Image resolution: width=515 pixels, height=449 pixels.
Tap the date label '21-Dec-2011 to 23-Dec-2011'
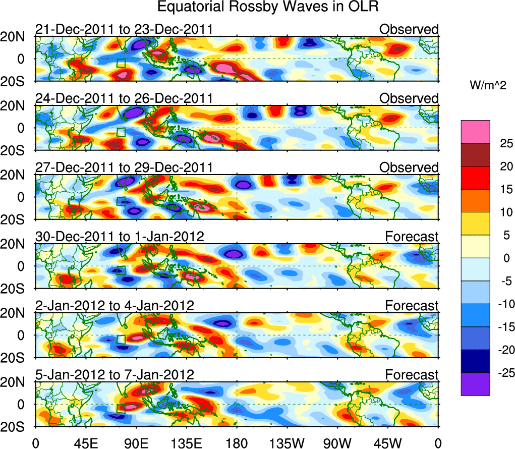point(124,30)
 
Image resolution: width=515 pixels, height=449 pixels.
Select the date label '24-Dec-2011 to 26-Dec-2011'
point(124,99)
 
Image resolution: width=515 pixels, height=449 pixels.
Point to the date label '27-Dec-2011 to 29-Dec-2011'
point(124,168)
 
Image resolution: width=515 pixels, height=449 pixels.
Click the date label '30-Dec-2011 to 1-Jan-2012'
point(120,237)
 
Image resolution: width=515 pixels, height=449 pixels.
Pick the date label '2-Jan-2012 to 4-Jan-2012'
point(115,306)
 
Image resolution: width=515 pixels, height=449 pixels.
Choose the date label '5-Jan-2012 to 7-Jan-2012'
point(115,375)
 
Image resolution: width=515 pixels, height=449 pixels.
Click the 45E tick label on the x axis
point(85,442)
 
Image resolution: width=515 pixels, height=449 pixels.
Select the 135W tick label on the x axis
point(287,442)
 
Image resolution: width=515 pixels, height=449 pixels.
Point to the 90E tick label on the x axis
point(136,442)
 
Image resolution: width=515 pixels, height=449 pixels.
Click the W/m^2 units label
point(488,86)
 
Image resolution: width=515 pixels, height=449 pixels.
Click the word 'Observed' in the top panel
point(409,30)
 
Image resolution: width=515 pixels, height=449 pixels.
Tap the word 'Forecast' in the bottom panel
point(412,375)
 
